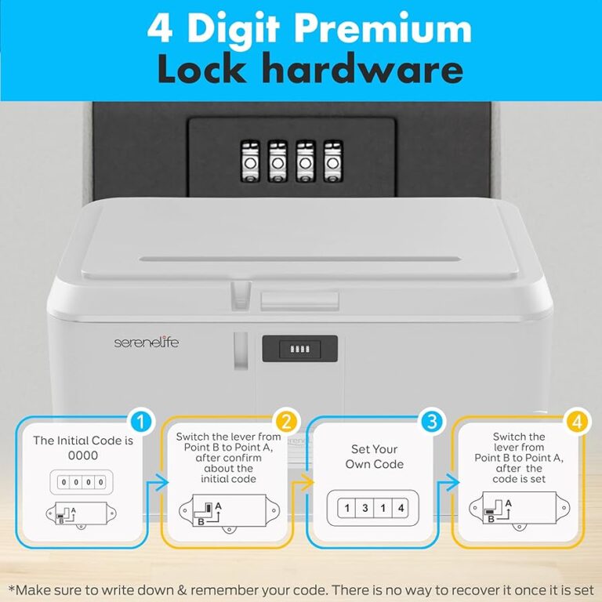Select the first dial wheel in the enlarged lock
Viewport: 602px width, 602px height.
point(250,161)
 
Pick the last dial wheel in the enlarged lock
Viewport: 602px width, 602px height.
point(333,161)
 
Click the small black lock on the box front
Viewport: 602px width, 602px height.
point(300,349)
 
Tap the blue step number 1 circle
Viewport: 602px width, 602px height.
point(141,422)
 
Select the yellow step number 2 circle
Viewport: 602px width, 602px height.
point(286,422)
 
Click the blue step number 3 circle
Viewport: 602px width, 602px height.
point(432,422)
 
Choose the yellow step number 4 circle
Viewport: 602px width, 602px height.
point(577,422)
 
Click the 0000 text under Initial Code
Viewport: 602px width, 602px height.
point(83,455)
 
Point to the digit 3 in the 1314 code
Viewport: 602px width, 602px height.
point(364,508)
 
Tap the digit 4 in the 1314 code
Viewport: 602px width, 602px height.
point(401,508)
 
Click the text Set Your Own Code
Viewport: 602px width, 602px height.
point(375,456)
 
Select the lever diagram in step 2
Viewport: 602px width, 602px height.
point(229,512)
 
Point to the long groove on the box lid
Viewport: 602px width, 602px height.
point(300,259)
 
